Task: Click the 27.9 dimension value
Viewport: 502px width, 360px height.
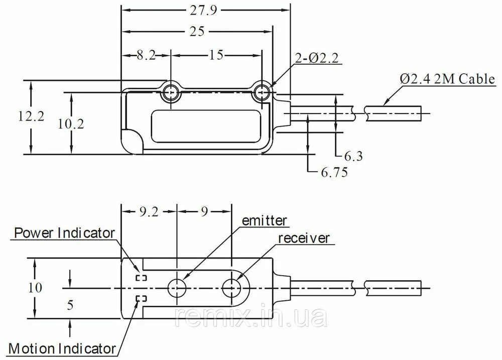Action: [x=203, y=10]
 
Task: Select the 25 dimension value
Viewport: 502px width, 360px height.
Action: [x=197, y=32]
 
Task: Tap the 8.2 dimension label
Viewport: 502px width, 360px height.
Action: [x=146, y=55]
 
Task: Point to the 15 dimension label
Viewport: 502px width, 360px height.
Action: [x=216, y=55]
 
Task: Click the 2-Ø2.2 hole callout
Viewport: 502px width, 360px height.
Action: [x=316, y=58]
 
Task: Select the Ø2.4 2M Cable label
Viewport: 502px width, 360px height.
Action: [x=447, y=79]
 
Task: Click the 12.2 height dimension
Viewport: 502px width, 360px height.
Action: [x=31, y=116]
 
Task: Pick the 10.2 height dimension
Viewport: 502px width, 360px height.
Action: [x=71, y=124]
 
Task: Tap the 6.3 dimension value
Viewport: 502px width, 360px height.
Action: [x=353, y=156]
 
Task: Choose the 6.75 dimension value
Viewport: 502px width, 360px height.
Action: [x=334, y=172]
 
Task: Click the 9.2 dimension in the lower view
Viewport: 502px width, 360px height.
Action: [x=149, y=211]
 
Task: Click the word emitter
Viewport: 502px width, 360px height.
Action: [x=264, y=221]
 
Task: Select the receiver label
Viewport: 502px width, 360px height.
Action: [x=304, y=238]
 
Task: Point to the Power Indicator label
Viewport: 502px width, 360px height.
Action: [x=64, y=233]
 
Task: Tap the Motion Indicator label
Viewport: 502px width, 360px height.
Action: [x=62, y=348]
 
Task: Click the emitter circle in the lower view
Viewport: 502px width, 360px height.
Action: [x=177, y=279]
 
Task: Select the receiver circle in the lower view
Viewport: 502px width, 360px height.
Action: [x=231, y=279]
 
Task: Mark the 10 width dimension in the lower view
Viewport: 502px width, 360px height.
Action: [x=35, y=288]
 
